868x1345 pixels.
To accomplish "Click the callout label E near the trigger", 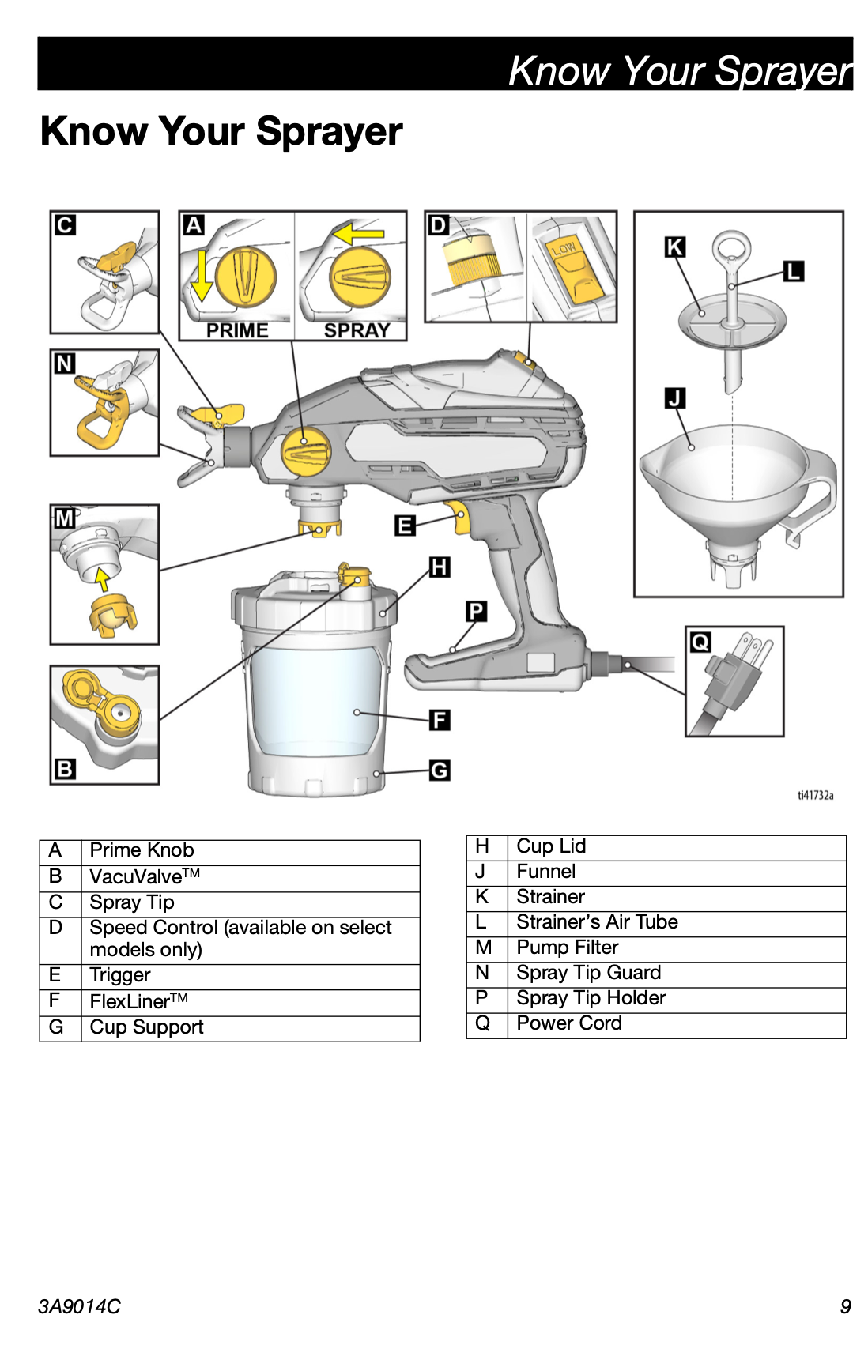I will point(405,525).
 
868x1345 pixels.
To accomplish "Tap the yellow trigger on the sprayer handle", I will point(459,517).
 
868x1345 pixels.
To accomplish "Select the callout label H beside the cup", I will point(440,567).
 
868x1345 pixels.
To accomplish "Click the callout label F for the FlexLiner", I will point(440,720).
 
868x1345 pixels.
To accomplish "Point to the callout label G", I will point(440,770).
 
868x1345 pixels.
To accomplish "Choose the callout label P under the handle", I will point(476,611).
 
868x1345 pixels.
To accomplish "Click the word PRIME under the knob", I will point(237,330).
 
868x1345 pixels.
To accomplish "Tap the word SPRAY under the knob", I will point(357,330).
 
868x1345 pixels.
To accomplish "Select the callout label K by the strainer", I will point(674,247).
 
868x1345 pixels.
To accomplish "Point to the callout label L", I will point(793,272).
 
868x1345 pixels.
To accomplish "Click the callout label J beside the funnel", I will point(674,397).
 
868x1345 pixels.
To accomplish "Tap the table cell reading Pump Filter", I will point(568,948).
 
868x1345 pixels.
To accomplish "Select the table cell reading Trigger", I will point(120,975).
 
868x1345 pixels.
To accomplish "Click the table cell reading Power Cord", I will point(569,1023).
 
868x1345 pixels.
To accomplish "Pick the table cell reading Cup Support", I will point(146,1027).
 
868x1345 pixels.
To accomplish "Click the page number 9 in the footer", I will point(845,1306).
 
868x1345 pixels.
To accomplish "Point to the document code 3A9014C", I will point(79,1306).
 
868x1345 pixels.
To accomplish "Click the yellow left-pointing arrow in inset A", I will point(358,234).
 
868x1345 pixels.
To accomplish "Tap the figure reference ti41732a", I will point(815,795).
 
